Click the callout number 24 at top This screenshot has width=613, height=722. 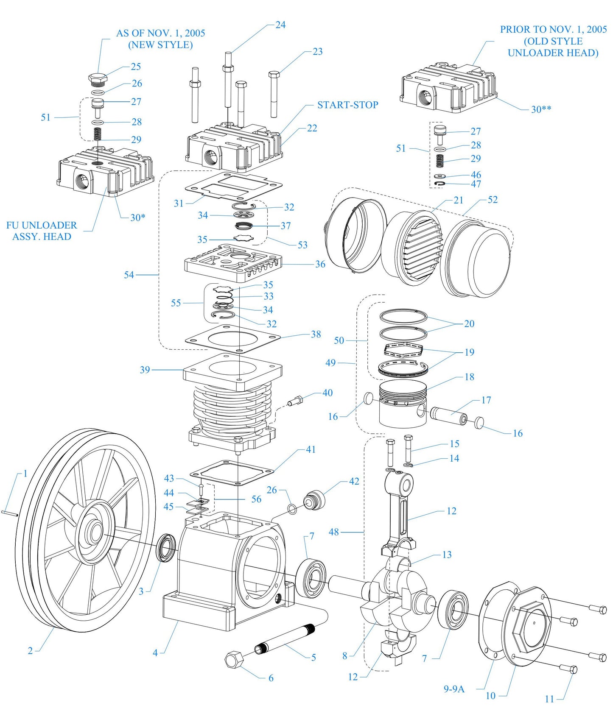[x=280, y=25]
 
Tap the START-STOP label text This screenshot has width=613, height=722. [x=347, y=105]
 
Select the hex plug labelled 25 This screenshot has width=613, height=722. [x=98, y=79]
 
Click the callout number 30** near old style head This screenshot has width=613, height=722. [x=541, y=109]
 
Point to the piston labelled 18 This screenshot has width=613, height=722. [x=402, y=403]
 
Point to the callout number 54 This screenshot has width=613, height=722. [x=129, y=275]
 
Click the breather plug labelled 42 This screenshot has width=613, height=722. [x=315, y=500]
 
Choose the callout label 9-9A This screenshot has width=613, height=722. [x=454, y=689]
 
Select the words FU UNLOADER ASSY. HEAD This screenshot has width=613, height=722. [x=42, y=231]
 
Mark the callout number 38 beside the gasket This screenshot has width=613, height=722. [x=316, y=334]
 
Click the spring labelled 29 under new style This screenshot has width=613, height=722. [x=98, y=134]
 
